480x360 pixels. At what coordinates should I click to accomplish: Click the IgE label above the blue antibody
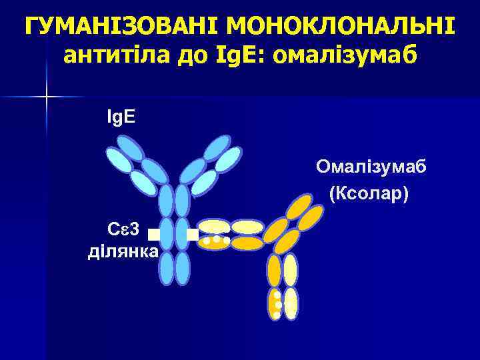click(121, 117)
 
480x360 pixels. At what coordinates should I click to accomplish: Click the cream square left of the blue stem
click(154, 234)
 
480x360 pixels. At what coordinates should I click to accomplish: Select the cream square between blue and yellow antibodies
click(192, 234)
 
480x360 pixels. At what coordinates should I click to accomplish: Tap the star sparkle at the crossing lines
click(47, 97)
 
